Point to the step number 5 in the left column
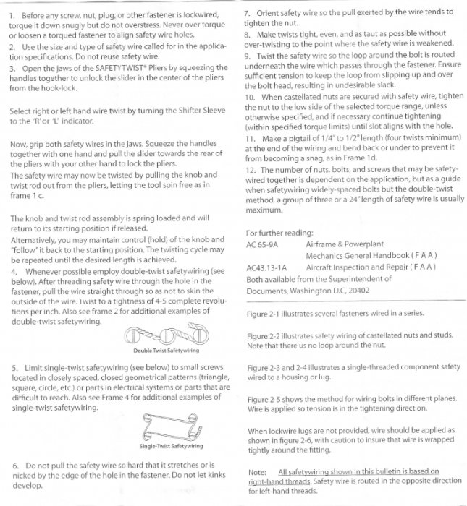pyautogui.click(x=15, y=368)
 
